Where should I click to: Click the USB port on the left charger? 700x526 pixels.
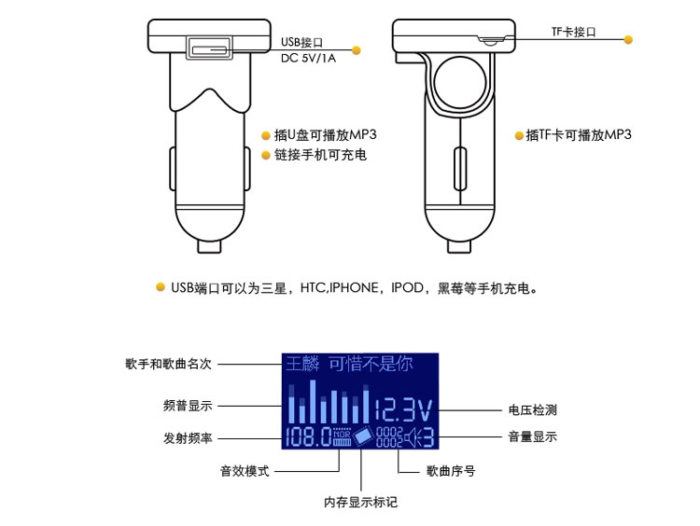coord(209,48)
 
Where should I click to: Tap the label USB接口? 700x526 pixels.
coord(301,42)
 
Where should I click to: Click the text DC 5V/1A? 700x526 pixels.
coord(308,58)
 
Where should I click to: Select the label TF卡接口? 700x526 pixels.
coord(574,32)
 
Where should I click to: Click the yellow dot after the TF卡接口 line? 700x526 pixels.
coord(628,40)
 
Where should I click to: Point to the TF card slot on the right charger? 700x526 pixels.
coord(490,41)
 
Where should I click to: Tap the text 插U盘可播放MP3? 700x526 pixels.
coord(326,134)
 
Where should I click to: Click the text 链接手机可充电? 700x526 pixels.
coord(320,155)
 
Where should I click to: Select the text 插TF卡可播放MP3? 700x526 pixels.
coord(579,134)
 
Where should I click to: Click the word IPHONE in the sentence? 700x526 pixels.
coord(354,288)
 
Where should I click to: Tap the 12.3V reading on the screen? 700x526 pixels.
coord(403,410)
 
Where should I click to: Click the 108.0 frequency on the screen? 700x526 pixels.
coord(309,436)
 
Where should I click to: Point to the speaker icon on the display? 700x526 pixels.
coord(413,437)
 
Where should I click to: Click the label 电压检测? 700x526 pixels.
coord(533,410)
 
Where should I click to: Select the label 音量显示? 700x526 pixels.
coord(533,436)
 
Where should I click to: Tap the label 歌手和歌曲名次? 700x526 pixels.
coord(168,364)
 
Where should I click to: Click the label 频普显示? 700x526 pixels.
coord(188,406)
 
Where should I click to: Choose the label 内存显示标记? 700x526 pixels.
coord(360,503)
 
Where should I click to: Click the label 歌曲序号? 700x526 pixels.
coord(451,471)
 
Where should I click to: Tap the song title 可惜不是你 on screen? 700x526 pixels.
coord(371,364)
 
